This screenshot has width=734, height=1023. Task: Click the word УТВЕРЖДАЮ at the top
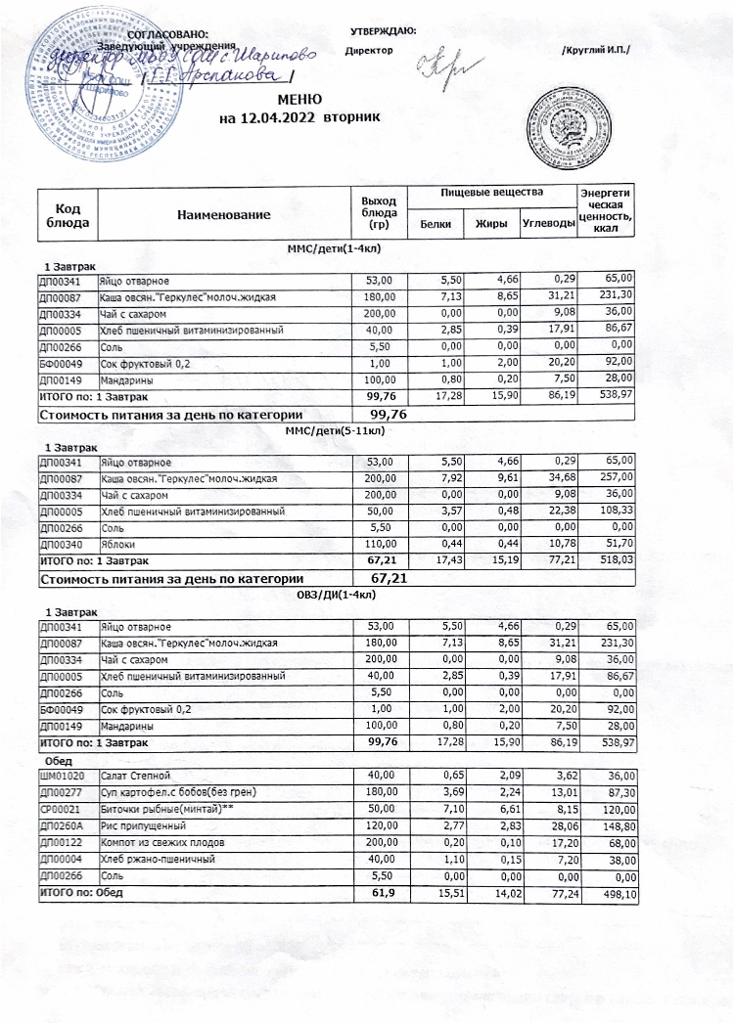[x=382, y=32]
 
